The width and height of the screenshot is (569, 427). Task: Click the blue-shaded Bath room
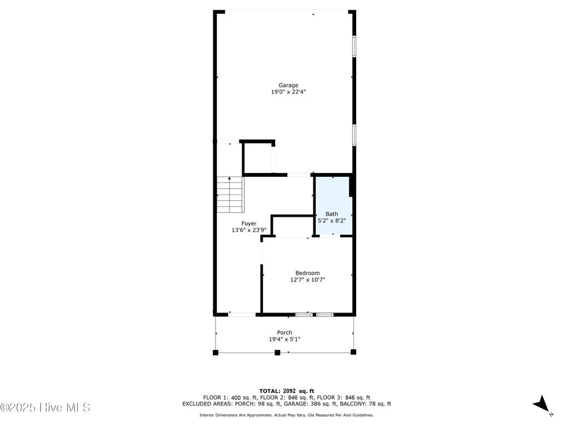coord(332,200)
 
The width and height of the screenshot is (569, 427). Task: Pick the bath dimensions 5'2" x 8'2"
coord(332,221)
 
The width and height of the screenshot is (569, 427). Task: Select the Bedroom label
coord(307,273)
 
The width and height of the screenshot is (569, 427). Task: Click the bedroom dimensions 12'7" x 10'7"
coord(307,280)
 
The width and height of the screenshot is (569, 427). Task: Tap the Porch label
coord(284,332)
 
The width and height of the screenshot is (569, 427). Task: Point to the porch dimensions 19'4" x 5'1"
coord(284,339)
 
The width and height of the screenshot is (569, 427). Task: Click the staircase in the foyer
coord(230,195)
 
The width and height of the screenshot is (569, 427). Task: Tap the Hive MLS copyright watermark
coord(46,408)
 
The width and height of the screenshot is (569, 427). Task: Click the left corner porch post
coord(216,352)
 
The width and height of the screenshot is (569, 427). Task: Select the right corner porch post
coord(353,352)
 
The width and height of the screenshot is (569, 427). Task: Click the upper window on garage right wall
coord(353,47)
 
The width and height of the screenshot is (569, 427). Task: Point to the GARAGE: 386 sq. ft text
coord(332,404)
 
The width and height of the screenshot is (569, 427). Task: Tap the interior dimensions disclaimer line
coord(286,415)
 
